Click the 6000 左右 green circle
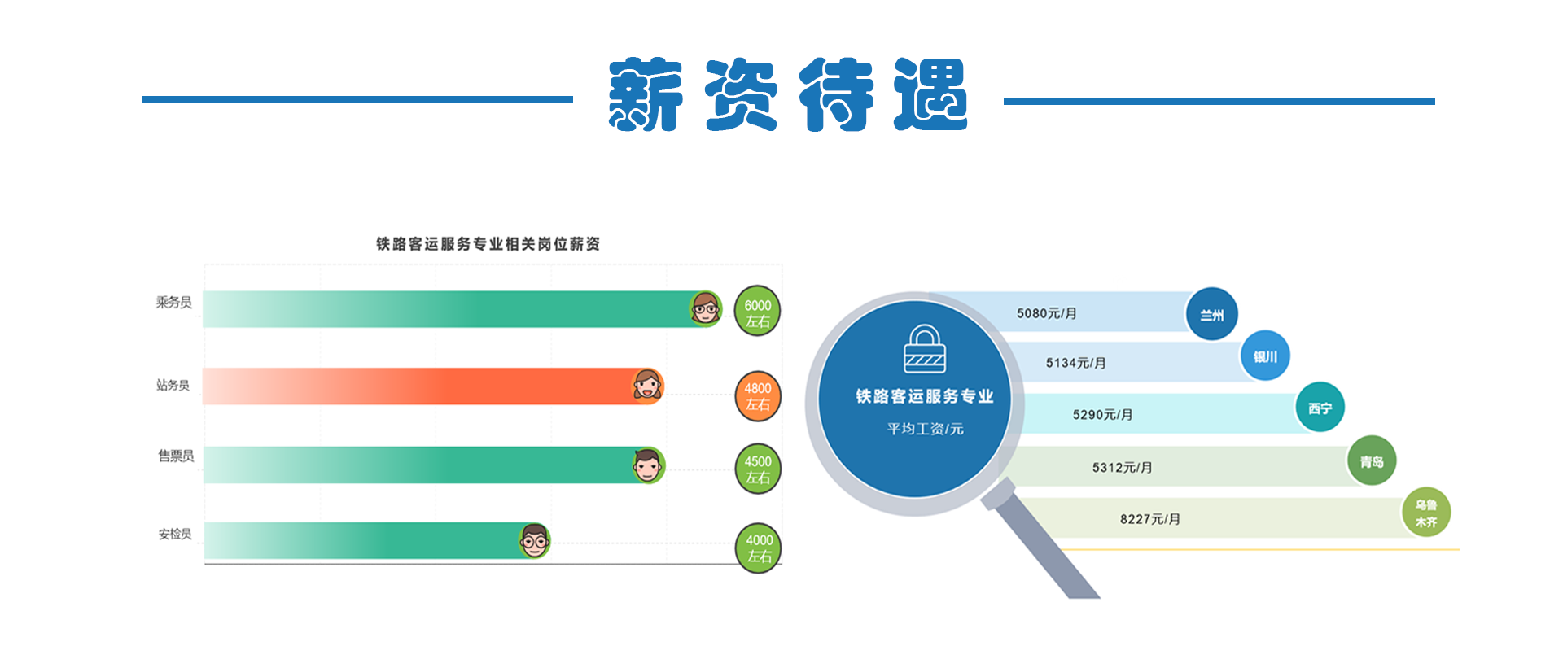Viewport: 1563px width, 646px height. click(x=757, y=312)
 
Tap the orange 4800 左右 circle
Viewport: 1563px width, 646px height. click(x=757, y=396)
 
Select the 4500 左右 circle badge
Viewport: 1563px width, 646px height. click(x=757, y=469)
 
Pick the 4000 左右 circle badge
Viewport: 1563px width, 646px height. click(x=759, y=548)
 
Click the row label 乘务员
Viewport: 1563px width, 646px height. click(x=174, y=303)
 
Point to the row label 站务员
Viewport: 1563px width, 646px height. click(x=173, y=385)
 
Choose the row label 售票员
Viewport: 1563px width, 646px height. click(x=176, y=456)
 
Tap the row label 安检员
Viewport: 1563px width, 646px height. click(x=175, y=534)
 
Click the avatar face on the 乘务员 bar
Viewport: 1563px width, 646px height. click(x=705, y=308)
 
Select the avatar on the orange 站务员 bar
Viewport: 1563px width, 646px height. click(x=648, y=386)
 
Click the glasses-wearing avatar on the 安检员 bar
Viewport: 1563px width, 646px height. click(x=535, y=540)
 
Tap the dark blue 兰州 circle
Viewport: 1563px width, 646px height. click(x=1212, y=314)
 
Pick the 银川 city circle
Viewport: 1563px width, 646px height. click(x=1265, y=356)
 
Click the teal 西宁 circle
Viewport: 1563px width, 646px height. click(x=1320, y=408)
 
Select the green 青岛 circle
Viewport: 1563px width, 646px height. click(x=1372, y=461)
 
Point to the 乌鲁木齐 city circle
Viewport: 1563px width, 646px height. click(x=1426, y=513)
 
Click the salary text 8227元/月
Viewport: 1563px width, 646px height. click(x=1149, y=519)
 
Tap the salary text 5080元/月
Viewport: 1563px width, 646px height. click(x=1046, y=313)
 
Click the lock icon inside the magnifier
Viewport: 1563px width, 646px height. click(x=925, y=349)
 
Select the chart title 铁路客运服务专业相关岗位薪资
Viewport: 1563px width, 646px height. click(x=488, y=243)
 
